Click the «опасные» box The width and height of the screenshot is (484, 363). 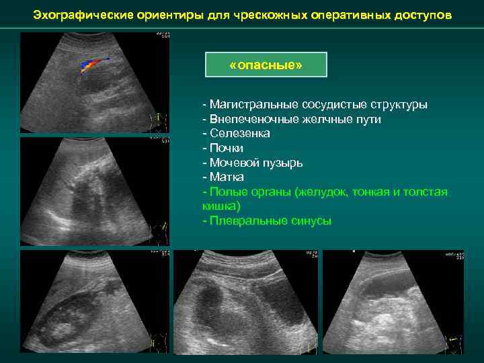[266, 65]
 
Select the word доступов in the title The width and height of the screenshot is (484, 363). [428, 14]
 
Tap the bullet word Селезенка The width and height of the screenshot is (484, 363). [239, 134]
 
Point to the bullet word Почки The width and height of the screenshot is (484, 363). [227, 148]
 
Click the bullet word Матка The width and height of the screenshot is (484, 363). [227, 177]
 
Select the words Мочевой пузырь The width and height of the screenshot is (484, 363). [255, 163]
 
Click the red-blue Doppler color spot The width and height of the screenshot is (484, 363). [91, 65]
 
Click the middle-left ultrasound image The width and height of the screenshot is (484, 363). [94, 191]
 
